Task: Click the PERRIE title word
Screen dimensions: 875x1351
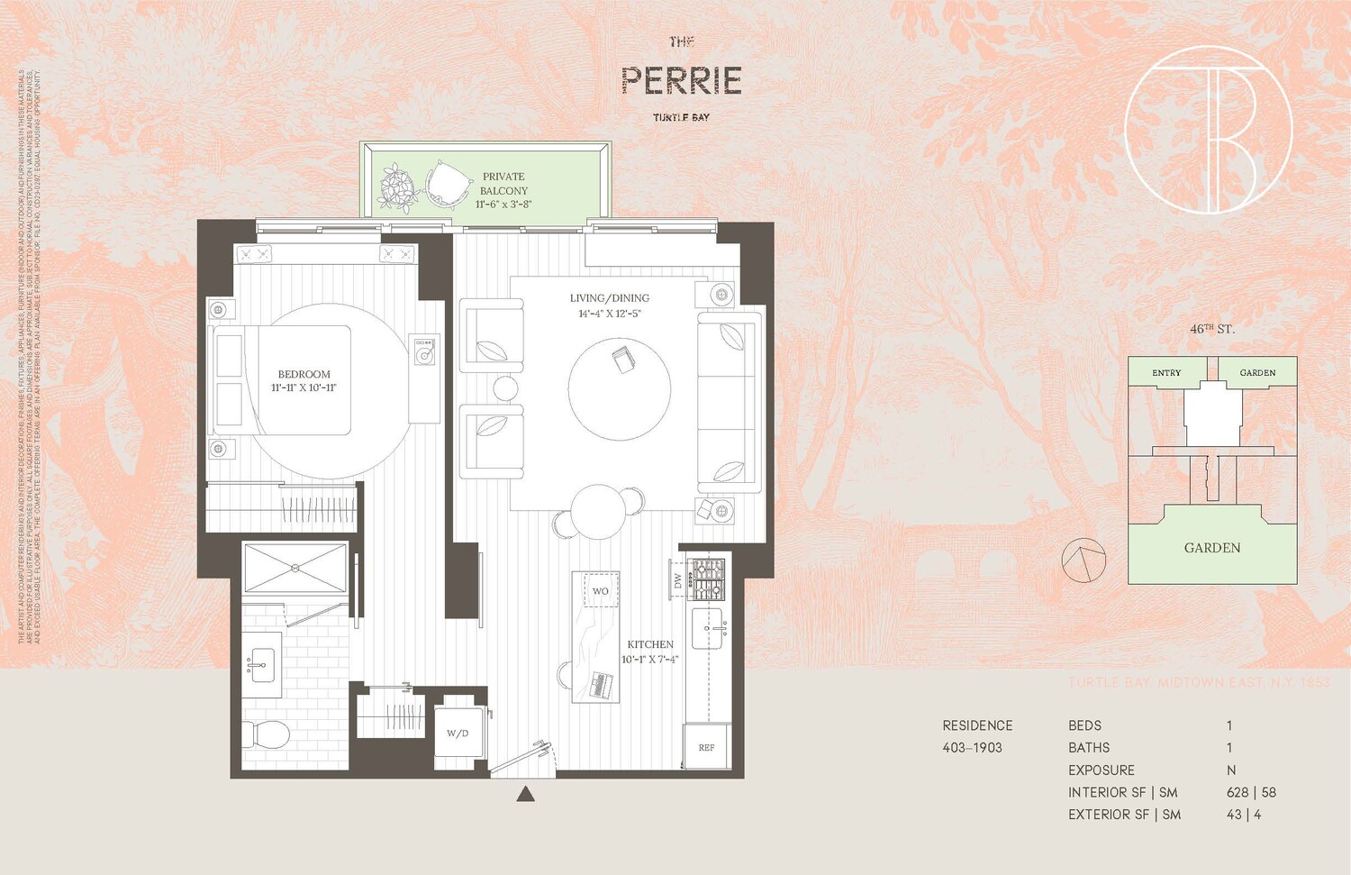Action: click(x=681, y=81)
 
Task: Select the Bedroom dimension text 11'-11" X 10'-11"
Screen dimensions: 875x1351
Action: click(x=304, y=388)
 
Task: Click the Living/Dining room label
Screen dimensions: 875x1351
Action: click(x=609, y=298)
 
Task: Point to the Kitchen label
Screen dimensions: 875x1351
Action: click(x=650, y=644)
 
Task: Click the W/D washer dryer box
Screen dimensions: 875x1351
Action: click(x=458, y=734)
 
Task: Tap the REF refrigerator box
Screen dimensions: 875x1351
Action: click(x=707, y=747)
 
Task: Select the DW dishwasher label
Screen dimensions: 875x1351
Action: click(x=677, y=580)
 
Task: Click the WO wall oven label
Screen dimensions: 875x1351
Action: click(x=600, y=591)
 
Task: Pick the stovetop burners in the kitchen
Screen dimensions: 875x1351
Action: click(x=707, y=579)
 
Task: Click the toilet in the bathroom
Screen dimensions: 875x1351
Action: click(x=267, y=735)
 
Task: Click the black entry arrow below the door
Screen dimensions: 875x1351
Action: click(x=526, y=794)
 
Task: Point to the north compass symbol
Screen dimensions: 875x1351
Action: click(x=1083, y=561)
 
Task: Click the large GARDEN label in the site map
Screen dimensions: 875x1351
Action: click(x=1211, y=548)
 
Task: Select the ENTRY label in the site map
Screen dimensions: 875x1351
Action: click(x=1166, y=373)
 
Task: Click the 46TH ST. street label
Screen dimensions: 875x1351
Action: click(x=1211, y=330)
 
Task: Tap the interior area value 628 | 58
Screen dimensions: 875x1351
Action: click(x=1251, y=793)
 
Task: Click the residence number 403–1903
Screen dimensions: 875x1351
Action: click(x=972, y=748)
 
